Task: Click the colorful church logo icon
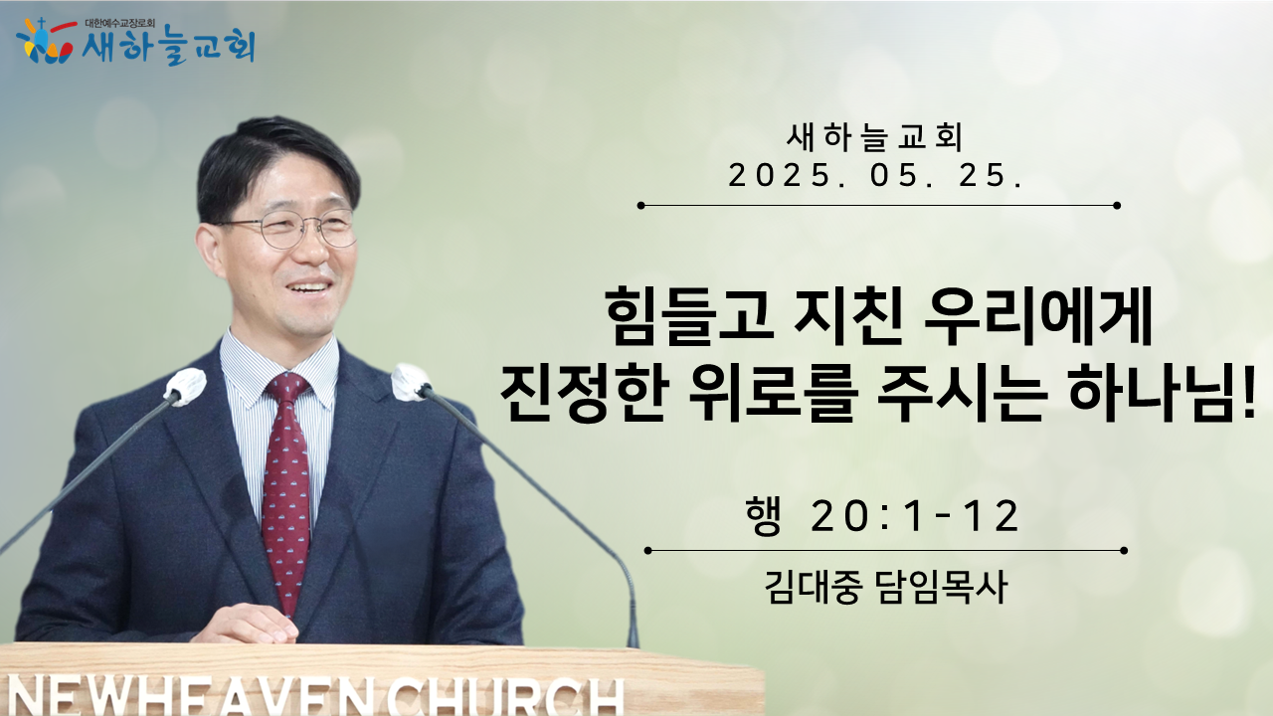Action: [x=46, y=41]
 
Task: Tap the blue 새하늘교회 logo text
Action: [x=169, y=46]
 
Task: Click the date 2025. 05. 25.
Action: [x=876, y=175]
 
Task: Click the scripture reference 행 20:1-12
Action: [x=882, y=516]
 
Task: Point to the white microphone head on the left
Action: [x=185, y=387]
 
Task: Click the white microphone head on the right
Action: [x=411, y=382]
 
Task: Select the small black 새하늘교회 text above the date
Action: [x=875, y=138]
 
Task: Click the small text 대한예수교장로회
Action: [x=120, y=24]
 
